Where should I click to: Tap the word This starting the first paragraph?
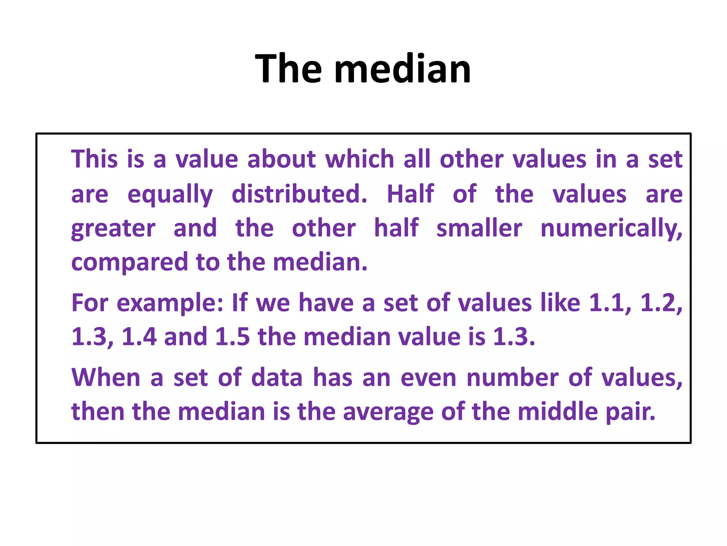coord(94,159)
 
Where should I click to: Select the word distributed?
coord(299,194)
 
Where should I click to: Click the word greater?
coord(113,229)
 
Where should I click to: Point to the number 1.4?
coord(139,337)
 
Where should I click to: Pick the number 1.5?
coord(233,337)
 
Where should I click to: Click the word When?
coord(106,377)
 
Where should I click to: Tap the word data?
coord(277,377)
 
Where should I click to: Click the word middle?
coord(558,411)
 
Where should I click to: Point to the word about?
coord(281,159)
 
